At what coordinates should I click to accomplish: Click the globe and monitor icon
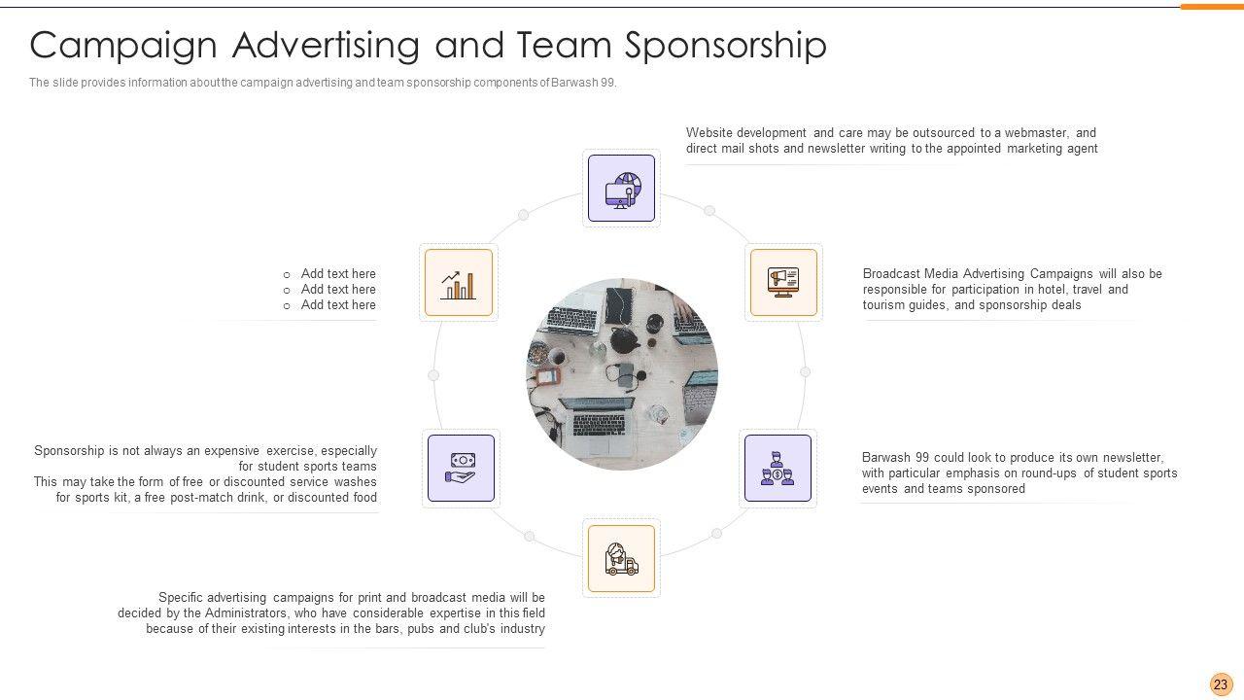[621, 189]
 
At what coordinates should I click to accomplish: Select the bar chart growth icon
[459, 283]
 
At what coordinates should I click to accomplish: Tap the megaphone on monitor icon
[783, 282]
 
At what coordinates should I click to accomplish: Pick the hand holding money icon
[461, 468]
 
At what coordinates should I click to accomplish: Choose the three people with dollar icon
[777, 468]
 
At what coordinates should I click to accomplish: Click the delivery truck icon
[621, 559]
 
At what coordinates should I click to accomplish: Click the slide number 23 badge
[1221, 684]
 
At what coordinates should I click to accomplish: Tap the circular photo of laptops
[622, 374]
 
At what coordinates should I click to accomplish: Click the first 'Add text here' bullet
[337, 274]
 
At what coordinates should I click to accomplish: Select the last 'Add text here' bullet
[337, 305]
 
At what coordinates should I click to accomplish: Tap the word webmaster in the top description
[1038, 133]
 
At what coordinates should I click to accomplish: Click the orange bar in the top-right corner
[1211, 7]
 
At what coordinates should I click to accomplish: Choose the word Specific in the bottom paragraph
[181, 598]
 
